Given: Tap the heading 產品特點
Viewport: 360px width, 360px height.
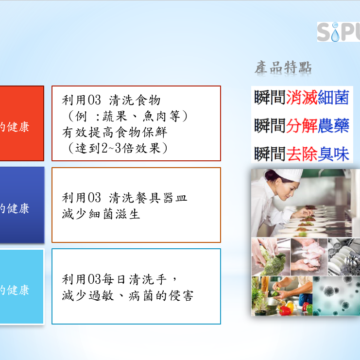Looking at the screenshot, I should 283,68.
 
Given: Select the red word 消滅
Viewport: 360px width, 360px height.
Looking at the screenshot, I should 301,98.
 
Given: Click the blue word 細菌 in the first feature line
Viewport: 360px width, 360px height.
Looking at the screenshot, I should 333,98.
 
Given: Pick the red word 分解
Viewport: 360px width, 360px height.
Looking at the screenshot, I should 301,126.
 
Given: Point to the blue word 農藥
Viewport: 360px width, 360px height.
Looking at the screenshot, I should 333,126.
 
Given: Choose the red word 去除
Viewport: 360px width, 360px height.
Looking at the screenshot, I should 301,154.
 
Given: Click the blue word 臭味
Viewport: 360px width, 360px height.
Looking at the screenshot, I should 333,154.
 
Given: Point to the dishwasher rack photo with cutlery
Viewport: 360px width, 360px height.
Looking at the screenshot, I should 344,257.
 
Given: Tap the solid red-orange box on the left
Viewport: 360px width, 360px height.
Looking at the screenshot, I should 21,123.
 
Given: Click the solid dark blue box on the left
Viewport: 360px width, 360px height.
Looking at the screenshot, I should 21,205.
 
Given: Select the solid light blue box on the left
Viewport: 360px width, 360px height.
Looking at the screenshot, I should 21,287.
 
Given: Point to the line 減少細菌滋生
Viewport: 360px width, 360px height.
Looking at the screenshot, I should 101,214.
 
